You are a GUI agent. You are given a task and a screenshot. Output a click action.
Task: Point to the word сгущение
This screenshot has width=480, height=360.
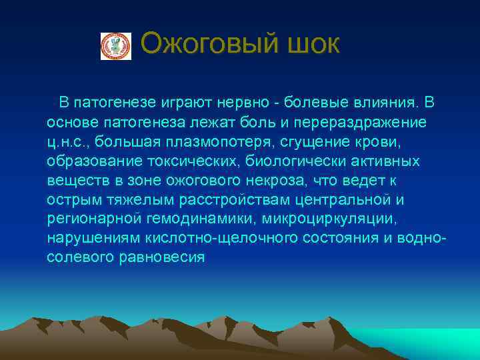(x=318, y=142)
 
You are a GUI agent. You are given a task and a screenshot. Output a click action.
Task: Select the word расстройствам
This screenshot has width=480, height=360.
(x=237, y=200)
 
